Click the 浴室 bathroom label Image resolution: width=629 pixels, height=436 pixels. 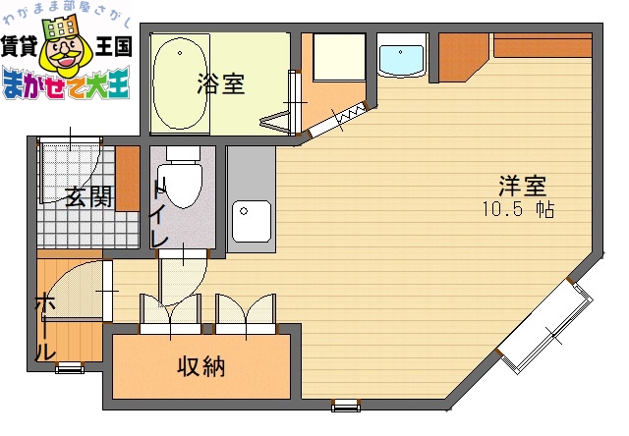pyautogui.click(x=220, y=84)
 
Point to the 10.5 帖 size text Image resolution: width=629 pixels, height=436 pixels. pyautogui.click(x=518, y=210)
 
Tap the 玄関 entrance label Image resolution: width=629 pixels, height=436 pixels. pyautogui.click(x=87, y=196)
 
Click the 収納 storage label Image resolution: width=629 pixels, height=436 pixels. pyautogui.click(x=200, y=367)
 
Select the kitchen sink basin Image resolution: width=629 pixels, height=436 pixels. pyautogui.click(x=252, y=221)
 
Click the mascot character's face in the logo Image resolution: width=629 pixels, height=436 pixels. pyautogui.click(x=64, y=54)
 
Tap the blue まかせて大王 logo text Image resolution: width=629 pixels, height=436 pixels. pyautogui.click(x=65, y=86)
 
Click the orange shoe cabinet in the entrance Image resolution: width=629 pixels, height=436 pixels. pyautogui.click(x=127, y=178)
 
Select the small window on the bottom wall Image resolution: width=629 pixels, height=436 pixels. pyautogui.click(x=344, y=405)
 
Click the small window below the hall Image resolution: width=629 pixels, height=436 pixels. pyautogui.click(x=68, y=368)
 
